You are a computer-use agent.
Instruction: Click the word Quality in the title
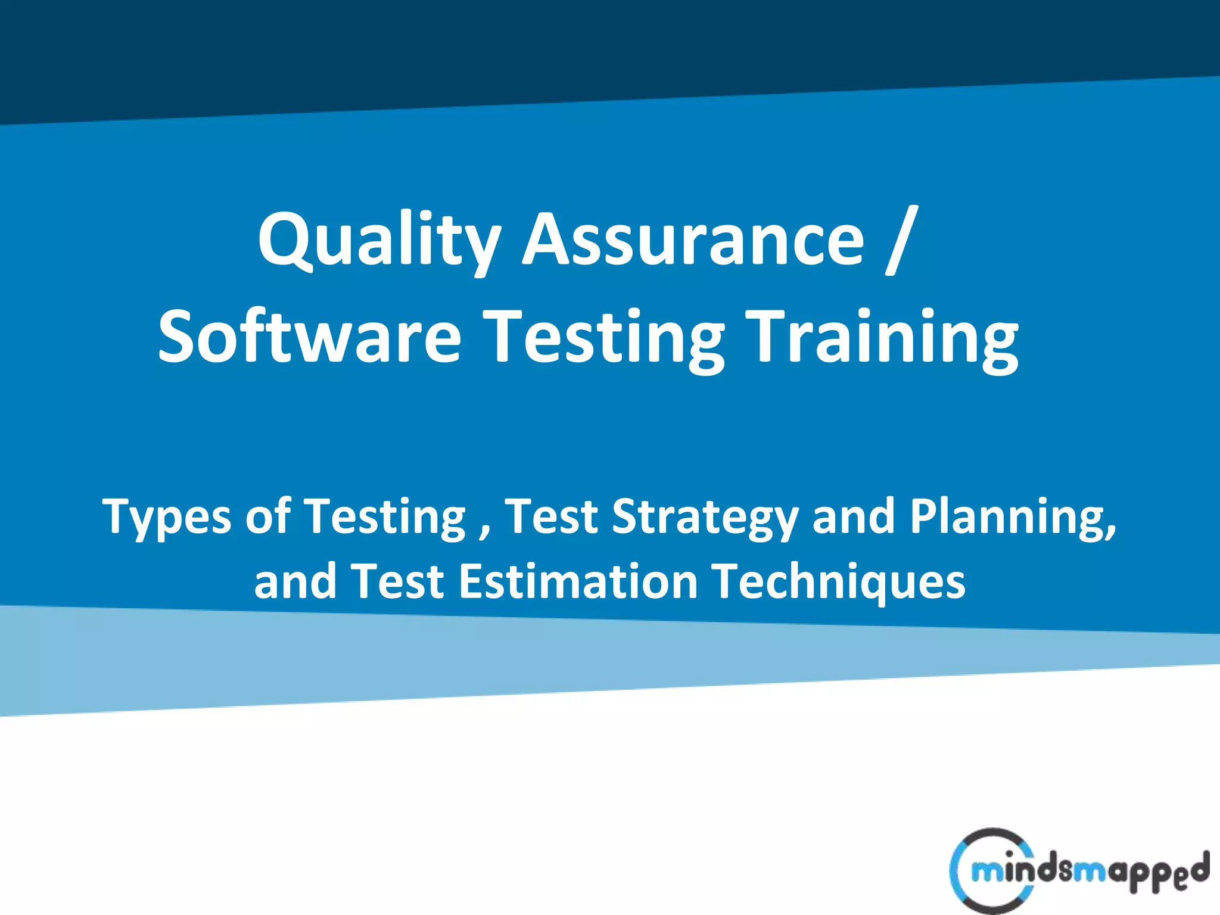(x=379, y=240)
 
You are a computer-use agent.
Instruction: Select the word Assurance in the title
(x=693, y=240)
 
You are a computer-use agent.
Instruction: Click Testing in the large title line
(x=603, y=338)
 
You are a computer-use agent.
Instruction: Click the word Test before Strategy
(x=551, y=516)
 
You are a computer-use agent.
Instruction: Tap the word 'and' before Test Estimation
(x=295, y=581)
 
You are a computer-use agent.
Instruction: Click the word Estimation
(x=578, y=581)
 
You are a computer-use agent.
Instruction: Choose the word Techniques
(x=839, y=582)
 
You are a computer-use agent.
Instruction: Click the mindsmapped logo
(x=1078, y=871)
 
